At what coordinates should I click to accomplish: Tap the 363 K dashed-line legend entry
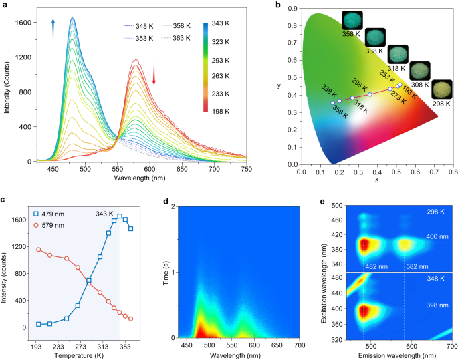[x=183, y=38]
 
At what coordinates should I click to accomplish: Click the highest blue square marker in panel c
[x=120, y=216]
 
